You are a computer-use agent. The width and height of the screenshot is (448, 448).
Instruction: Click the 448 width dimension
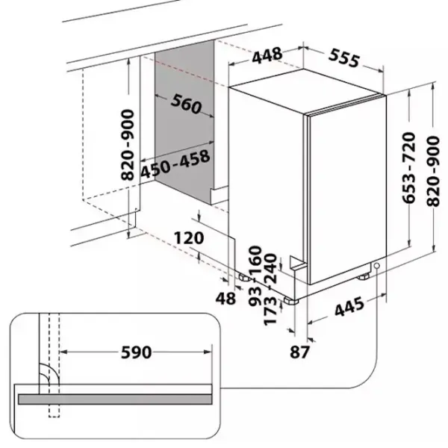267,55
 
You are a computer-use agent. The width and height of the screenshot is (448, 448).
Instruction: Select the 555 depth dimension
343,58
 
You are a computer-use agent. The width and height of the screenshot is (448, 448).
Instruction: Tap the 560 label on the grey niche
186,104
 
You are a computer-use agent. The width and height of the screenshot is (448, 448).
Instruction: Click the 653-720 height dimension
408,168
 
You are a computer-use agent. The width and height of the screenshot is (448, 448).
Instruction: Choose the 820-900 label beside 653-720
433,172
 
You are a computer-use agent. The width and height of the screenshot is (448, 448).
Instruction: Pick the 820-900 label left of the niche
128,145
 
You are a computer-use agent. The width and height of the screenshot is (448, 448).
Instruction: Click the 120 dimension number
189,238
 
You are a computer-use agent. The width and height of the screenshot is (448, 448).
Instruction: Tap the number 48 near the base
225,299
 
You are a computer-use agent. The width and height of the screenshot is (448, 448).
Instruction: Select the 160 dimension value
255,260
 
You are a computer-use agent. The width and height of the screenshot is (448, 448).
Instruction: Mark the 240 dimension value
270,268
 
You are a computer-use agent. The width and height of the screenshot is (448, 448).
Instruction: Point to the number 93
255,296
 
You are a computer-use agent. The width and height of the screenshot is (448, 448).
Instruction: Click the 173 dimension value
270,311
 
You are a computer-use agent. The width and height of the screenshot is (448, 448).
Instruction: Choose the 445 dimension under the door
349,307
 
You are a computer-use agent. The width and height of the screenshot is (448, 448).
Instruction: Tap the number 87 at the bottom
299,352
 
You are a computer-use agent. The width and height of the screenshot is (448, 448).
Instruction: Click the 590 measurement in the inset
137,352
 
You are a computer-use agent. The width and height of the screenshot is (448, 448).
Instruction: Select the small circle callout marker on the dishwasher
377,266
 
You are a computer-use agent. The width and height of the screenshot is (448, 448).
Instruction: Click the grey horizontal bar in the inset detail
115,399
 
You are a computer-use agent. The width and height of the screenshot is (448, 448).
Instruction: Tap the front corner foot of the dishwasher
291,301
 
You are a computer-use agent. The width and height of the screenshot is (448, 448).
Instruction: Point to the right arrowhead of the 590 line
208,352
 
